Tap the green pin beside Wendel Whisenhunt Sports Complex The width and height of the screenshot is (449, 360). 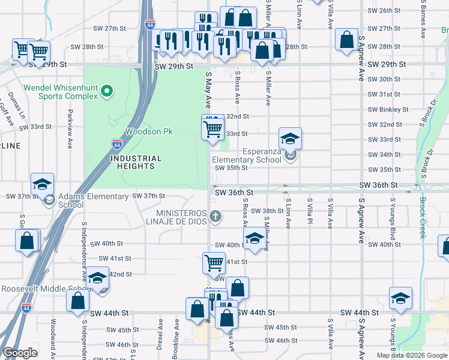pos(107,91)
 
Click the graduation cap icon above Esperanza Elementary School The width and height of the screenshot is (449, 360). pos(290,139)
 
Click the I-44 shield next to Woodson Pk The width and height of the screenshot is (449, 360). pos(117,144)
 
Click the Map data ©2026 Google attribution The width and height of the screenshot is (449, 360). pos(411,355)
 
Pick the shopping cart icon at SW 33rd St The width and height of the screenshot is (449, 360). pos(213,128)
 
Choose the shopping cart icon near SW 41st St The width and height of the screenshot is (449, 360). pos(214,262)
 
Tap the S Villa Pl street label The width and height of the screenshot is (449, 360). pos(310,214)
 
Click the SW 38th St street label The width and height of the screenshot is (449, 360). pos(267,211)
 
